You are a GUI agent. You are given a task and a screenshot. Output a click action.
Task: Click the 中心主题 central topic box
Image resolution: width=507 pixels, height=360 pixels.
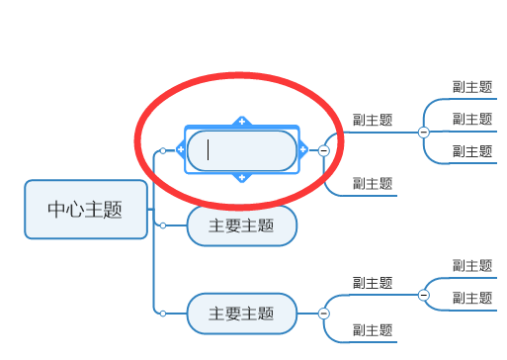pos(85,209)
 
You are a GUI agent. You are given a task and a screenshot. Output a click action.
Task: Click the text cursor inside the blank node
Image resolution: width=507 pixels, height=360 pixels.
pos(209,150)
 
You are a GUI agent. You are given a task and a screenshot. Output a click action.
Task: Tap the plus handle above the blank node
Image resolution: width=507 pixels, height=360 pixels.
pos(241,122)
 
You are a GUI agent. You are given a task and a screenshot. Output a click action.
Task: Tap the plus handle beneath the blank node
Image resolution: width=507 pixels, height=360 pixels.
pos(241,178)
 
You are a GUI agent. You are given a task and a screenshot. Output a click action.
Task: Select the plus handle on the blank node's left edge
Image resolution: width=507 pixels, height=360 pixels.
pos(181,150)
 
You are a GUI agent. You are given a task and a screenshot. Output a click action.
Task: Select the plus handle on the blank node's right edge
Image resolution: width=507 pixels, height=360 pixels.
pos(302,150)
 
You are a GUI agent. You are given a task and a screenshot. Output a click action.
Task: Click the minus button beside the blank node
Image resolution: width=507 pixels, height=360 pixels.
pos(323,150)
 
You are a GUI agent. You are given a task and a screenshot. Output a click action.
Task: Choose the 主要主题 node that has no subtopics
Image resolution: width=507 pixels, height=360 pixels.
pos(241,225)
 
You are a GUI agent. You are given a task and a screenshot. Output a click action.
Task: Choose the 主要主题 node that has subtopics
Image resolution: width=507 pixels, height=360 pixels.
pos(241,314)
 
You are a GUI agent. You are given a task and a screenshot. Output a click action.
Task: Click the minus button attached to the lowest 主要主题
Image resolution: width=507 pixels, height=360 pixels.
pos(323,314)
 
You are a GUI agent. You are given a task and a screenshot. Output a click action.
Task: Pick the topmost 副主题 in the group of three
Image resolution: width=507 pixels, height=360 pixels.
pos(471,87)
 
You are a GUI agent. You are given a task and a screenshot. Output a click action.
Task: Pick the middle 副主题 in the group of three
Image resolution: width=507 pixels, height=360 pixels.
pos(471,120)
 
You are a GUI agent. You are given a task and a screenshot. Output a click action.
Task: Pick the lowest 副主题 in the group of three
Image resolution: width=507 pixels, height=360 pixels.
pos(471,151)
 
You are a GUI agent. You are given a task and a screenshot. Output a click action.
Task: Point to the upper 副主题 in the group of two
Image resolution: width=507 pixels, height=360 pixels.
pos(471,265)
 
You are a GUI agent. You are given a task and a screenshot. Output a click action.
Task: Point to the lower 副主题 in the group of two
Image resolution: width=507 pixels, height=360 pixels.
pos(471,297)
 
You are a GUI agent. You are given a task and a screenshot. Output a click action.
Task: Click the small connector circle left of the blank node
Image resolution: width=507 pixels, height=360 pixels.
pos(162,150)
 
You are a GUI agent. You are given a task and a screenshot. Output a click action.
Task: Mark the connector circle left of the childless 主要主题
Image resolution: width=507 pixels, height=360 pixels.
pos(162,225)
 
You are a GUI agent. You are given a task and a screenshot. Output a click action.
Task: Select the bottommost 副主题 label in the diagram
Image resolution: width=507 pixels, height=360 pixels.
pos(373,329)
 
